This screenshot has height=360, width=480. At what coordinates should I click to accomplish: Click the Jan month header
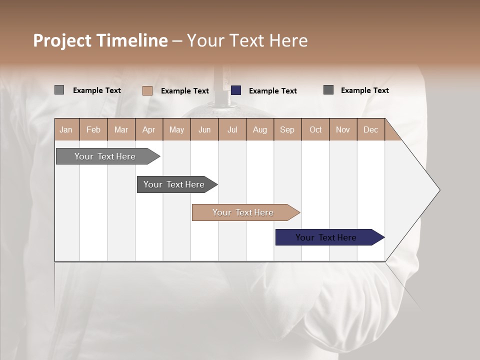66,129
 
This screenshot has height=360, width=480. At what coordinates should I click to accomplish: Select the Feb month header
93,129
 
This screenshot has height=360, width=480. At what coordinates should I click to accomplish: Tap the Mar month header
121,129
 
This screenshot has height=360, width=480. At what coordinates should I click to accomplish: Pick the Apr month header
149,129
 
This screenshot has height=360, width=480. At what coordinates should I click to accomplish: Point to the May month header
176,129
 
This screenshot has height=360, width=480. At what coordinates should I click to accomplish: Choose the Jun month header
204,129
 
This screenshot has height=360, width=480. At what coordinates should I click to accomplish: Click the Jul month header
232,129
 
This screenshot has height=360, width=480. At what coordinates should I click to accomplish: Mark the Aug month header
260,129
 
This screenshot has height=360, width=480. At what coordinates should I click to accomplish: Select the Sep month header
287,129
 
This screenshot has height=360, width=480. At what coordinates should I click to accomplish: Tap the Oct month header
315,129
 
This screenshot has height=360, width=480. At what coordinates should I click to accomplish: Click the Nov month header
343,129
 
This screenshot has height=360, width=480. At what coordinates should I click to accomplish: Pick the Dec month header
371,129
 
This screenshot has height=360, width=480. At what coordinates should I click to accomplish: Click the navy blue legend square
236,90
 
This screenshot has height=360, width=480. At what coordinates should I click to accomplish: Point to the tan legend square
147,90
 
